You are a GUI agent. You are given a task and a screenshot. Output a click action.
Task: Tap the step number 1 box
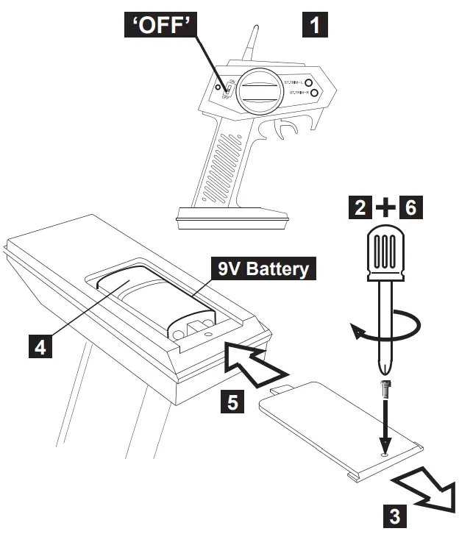pyautogui.click(x=315, y=25)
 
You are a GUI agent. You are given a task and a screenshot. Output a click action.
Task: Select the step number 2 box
pyautogui.click(x=361, y=209)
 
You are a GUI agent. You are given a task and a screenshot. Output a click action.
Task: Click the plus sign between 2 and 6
pyautogui.click(x=385, y=209)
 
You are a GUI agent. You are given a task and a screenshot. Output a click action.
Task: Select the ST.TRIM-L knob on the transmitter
pyautogui.click(x=310, y=83)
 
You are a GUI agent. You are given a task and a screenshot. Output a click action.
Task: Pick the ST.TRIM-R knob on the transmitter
pyautogui.click(x=313, y=93)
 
